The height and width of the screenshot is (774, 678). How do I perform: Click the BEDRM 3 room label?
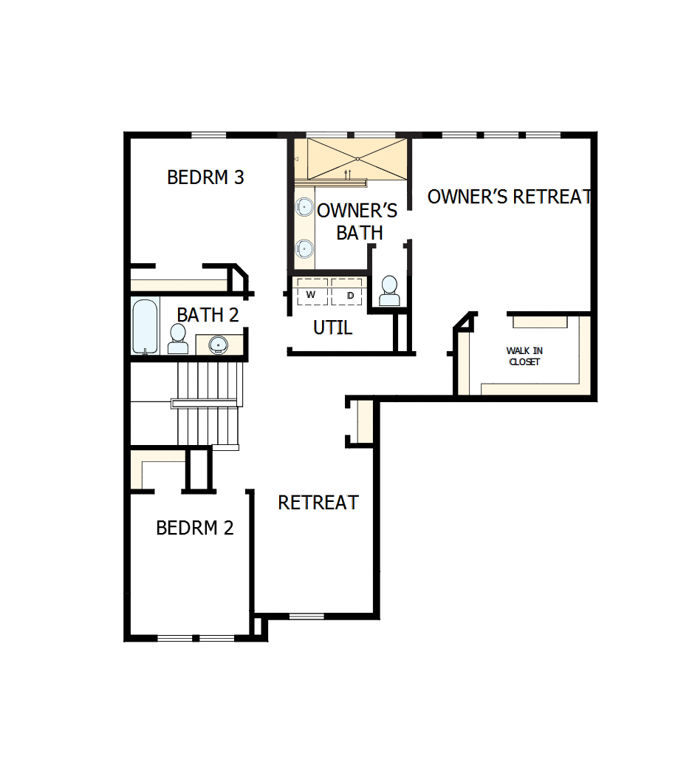point(205,178)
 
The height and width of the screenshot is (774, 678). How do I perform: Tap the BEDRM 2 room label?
point(195,528)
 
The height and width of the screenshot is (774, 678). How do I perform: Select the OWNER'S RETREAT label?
point(510,197)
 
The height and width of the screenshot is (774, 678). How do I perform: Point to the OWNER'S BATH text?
point(357,221)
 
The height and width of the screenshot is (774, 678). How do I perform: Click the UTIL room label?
point(332,327)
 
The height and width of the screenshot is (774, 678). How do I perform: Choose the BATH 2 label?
point(208,315)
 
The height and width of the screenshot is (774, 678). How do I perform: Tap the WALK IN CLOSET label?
point(524,356)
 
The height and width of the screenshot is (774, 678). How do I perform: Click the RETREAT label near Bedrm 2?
point(318,503)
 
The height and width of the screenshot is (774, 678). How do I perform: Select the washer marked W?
point(311,294)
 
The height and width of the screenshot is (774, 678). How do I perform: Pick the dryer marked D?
point(349,294)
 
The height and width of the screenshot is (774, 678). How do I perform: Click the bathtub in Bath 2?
point(144,326)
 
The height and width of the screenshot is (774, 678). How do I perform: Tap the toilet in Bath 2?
point(178,339)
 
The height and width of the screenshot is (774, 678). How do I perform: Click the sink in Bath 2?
point(218,344)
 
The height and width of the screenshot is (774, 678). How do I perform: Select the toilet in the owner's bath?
point(388,291)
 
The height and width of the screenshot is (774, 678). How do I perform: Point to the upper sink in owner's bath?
point(304,208)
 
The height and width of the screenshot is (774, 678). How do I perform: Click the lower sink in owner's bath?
point(304,248)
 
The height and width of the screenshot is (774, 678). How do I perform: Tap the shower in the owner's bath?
point(357,158)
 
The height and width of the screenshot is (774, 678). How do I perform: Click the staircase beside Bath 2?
point(209,403)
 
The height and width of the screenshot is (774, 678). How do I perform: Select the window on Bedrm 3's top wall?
point(208,135)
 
